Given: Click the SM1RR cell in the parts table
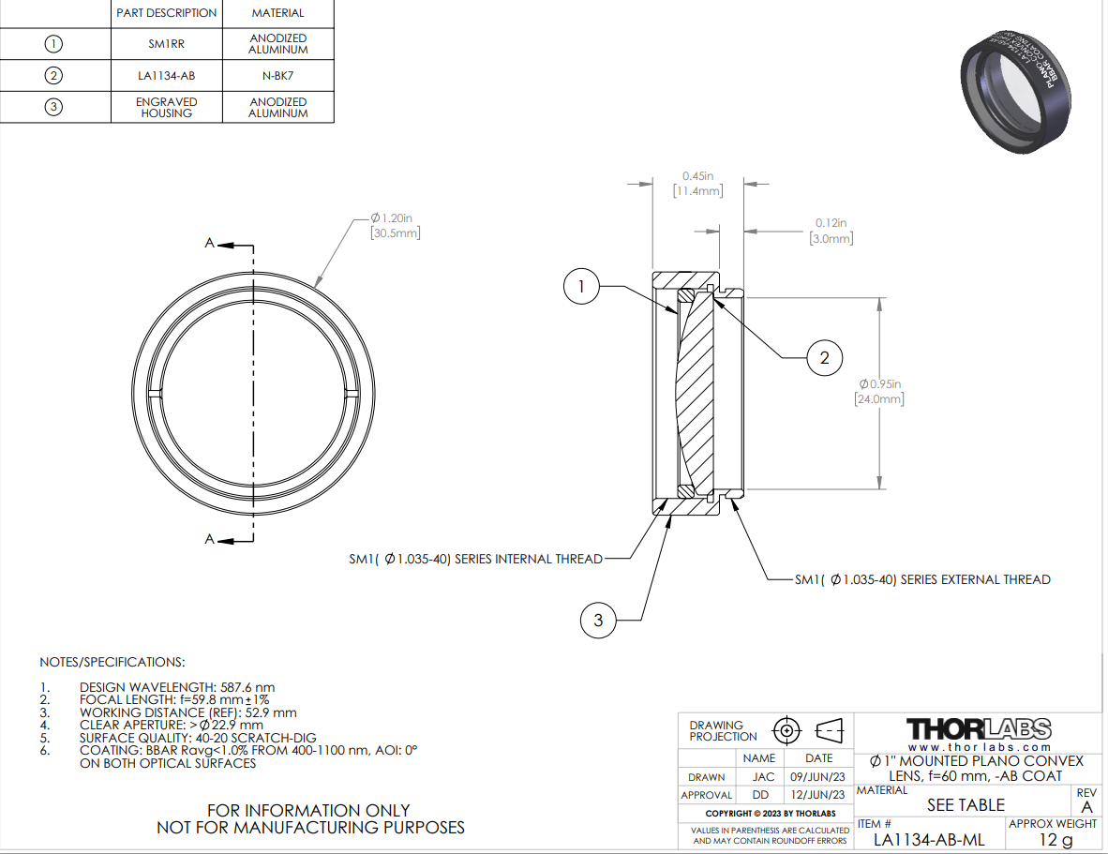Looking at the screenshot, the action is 166,44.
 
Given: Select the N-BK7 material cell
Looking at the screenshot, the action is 277,76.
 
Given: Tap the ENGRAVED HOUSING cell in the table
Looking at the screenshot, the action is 167,108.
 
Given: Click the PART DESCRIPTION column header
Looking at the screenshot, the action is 167,13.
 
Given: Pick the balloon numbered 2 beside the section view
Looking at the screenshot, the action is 825,358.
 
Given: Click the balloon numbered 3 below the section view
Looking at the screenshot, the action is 598,621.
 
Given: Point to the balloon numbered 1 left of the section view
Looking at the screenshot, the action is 581,286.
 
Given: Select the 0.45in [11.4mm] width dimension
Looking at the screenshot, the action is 698,184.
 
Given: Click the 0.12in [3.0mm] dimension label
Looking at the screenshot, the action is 831,231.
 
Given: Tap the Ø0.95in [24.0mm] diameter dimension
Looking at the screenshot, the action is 880,391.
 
